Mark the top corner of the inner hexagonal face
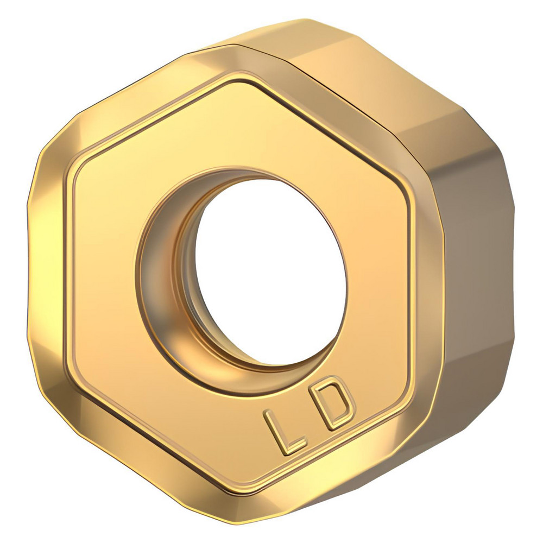(x=239, y=82)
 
